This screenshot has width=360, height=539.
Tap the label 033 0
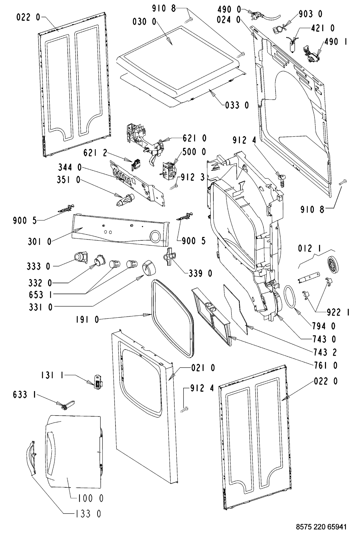237,105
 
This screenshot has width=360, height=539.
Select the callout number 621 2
95,153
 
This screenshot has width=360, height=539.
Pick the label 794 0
324,326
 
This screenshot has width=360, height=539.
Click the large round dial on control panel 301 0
155,236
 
